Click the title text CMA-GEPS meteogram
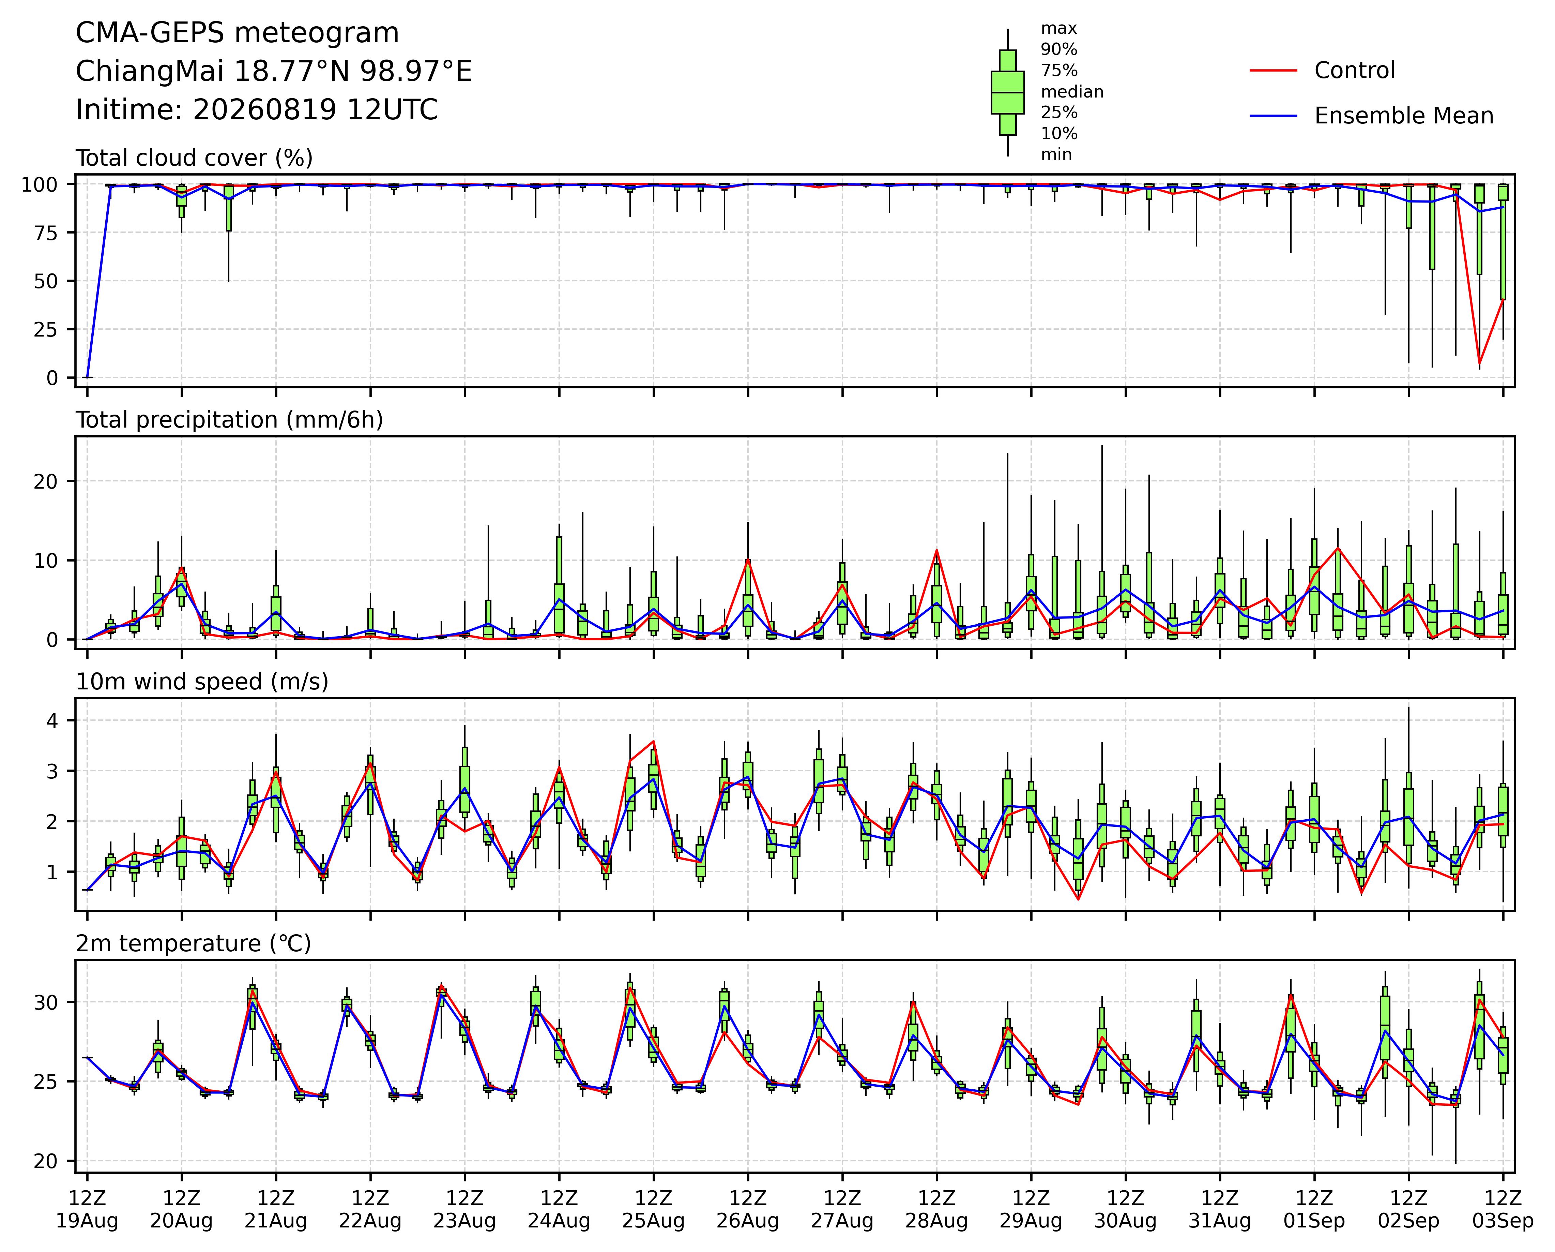point(237,33)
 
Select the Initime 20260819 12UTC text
point(257,110)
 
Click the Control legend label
point(1355,71)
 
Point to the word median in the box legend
point(1072,92)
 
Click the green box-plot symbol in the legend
point(1008,92)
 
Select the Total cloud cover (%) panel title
point(194,158)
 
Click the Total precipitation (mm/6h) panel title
point(229,420)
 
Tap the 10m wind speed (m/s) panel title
point(202,682)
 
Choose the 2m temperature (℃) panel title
point(193,944)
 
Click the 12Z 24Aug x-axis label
point(559,1209)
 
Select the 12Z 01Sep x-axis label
point(1314,1209)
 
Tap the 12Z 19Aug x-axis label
point(87,1209)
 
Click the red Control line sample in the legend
point(1274,71)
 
